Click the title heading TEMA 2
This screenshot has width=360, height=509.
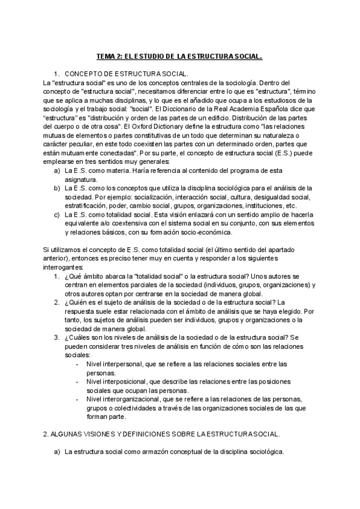(x=179, y=57)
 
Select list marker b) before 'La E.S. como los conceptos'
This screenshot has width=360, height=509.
(x=56, y=188)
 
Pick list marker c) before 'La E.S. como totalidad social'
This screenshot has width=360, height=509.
(x=56, y=214)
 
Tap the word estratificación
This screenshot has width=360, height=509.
(x=84, y=205)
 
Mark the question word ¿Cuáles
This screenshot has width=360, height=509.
(x=78, y=337)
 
